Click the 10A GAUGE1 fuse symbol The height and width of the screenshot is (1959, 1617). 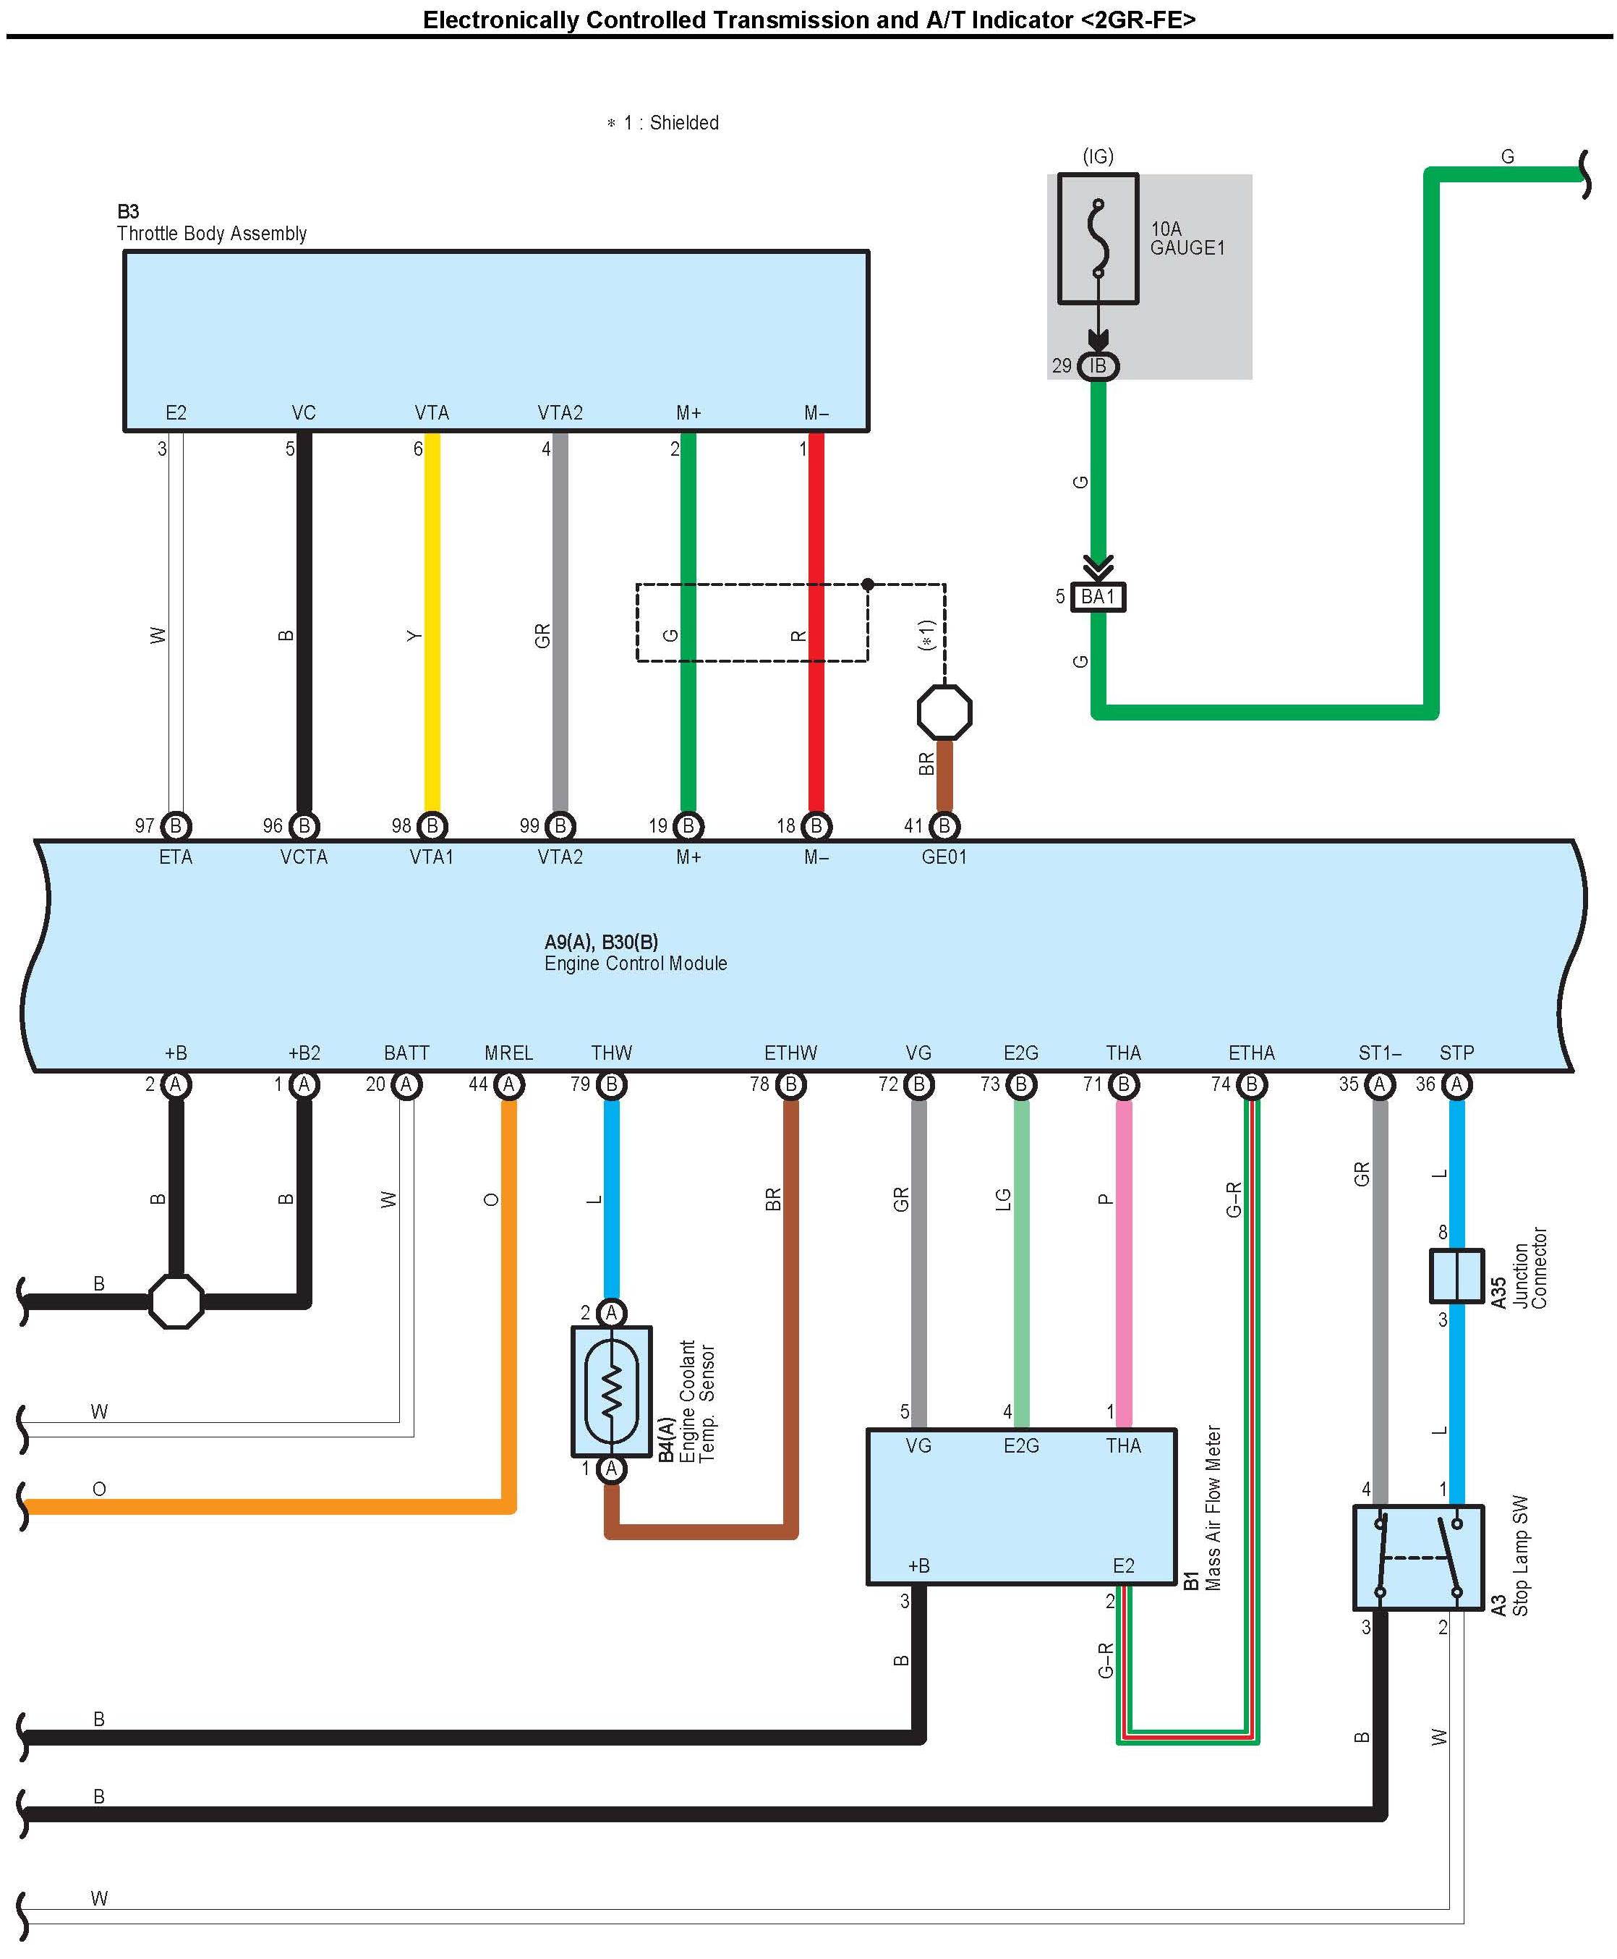(1098, 239)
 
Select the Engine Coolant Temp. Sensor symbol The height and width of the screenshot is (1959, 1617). (611, 1391)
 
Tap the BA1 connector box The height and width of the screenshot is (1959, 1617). (1098, 596)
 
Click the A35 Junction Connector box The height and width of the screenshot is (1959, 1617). (1456, 1275)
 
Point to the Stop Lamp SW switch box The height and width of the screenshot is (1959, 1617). (1417, 1557)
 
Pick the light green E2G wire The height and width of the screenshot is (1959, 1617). (1021, 1257)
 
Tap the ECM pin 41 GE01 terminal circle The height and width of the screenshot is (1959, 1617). (944, 825)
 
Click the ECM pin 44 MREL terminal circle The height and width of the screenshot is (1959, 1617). (508, 1084)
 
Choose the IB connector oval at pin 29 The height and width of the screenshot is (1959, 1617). (1098, 366)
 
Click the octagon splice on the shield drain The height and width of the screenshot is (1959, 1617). (944, 713)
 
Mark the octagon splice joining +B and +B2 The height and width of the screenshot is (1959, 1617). (176, 1301)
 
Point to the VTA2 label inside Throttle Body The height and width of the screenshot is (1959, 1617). (560, 412)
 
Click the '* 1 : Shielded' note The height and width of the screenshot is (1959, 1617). (663, 123)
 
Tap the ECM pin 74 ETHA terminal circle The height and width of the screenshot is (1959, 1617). (1252, 1084)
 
